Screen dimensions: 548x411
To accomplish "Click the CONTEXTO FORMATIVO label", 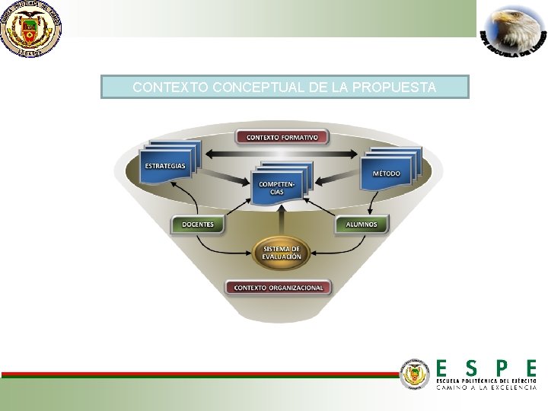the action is click(x=282, y=138).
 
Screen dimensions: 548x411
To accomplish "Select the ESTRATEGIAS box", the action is click(x=166, y=167).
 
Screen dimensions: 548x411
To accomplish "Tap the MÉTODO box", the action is click(x=386, y=174).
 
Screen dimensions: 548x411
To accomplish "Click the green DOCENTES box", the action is click(x=198, y=225).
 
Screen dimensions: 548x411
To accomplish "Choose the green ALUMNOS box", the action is click(x=361, y=225).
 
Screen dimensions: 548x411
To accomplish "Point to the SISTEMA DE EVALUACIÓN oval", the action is click(x=282, y=253).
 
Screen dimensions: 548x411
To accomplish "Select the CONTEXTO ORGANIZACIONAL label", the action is click(x=279, y=288).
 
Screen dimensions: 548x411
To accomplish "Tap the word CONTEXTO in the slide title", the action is click(x=170, y=88).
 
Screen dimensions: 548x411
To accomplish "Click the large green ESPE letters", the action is click(x=486, y=368).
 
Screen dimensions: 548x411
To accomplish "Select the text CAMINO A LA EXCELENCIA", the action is click(x=486, y=387).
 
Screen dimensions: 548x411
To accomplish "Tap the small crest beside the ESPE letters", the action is click(x=416, y=374).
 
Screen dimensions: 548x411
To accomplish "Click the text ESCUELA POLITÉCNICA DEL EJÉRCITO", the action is click(x=486, y=380).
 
